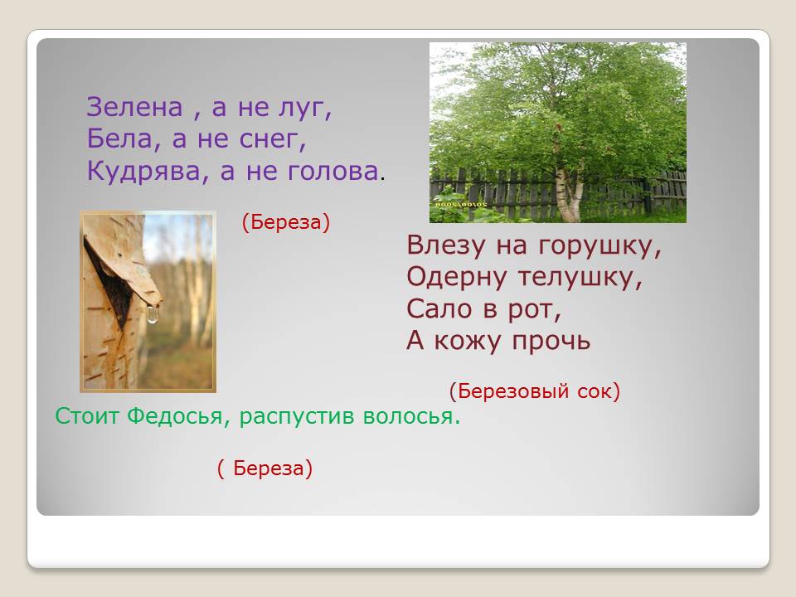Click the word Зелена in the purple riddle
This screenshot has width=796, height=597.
click(134, 107)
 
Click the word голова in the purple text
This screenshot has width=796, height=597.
click(333, 171)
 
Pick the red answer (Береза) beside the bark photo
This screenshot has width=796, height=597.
click(286, 222)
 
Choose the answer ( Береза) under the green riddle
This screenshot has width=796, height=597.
click(265, 468)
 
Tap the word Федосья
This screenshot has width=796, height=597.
click(175, 416)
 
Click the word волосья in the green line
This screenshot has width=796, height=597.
click(411, 416)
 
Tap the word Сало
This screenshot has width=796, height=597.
click(439, 308)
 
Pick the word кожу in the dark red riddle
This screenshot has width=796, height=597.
click(467, 342)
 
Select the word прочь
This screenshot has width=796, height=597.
click(551, 342)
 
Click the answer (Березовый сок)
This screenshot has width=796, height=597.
click(535, 391)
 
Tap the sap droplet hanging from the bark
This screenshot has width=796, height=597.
click(153, 315)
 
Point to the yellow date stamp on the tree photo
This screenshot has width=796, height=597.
click(460, 204)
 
